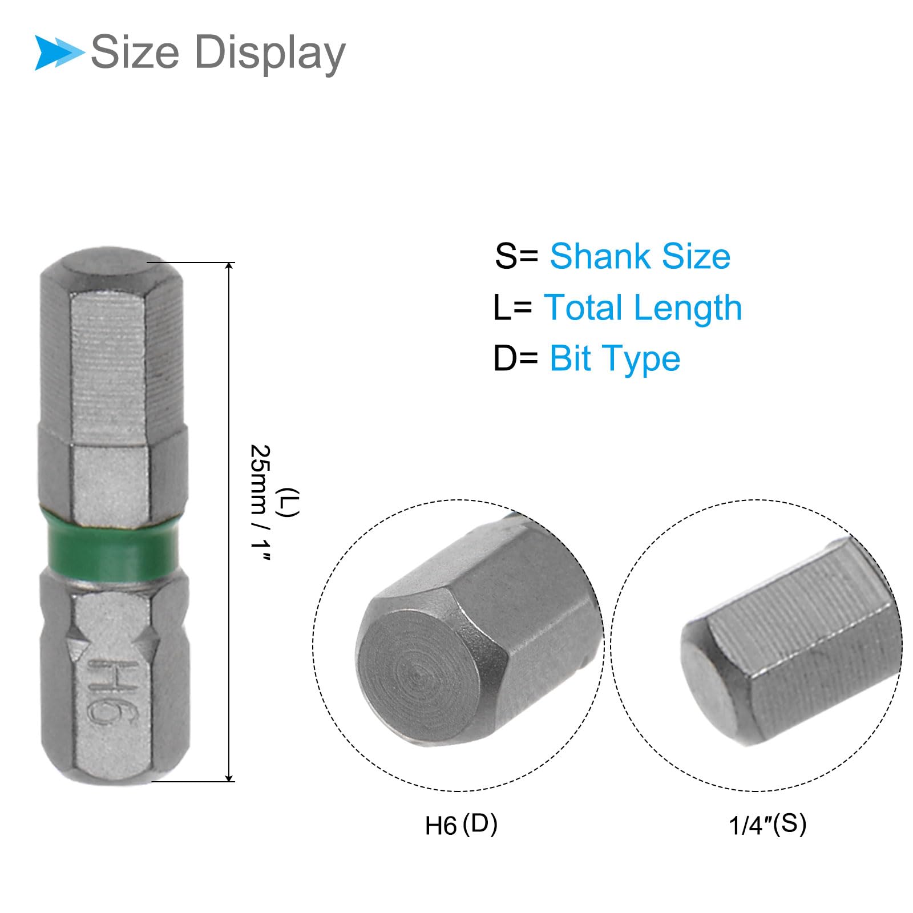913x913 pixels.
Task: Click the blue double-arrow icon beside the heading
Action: pyautogui.click(x=59, y=53)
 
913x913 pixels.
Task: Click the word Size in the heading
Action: pyautogui.click(x=135, y=52)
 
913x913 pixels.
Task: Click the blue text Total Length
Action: pyautogui.click(x=643, y=308)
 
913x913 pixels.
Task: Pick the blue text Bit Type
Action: pyautogui.click(x=615, y=359)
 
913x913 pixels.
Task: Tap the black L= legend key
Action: pyautogui.click(x=512, y=308)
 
